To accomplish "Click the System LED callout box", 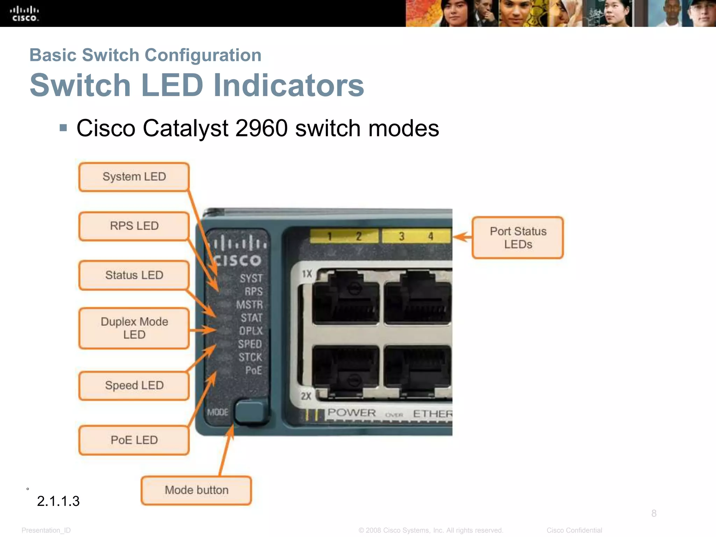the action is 134,177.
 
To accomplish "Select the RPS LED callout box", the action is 134,226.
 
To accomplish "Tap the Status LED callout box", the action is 134,275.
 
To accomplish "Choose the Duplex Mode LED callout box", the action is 134,328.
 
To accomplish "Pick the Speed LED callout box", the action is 134,386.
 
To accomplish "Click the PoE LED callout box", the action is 134,440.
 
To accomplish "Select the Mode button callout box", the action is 196,490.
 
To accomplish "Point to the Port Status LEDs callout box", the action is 518,238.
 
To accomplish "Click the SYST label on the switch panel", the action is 251,278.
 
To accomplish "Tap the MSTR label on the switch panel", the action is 249,305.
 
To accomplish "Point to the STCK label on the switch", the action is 250,357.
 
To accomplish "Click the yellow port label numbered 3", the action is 402,236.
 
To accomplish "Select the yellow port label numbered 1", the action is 329,236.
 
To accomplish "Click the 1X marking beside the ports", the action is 307,273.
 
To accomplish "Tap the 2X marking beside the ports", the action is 306,396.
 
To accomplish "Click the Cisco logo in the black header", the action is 24,14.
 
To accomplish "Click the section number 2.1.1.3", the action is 58,501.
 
